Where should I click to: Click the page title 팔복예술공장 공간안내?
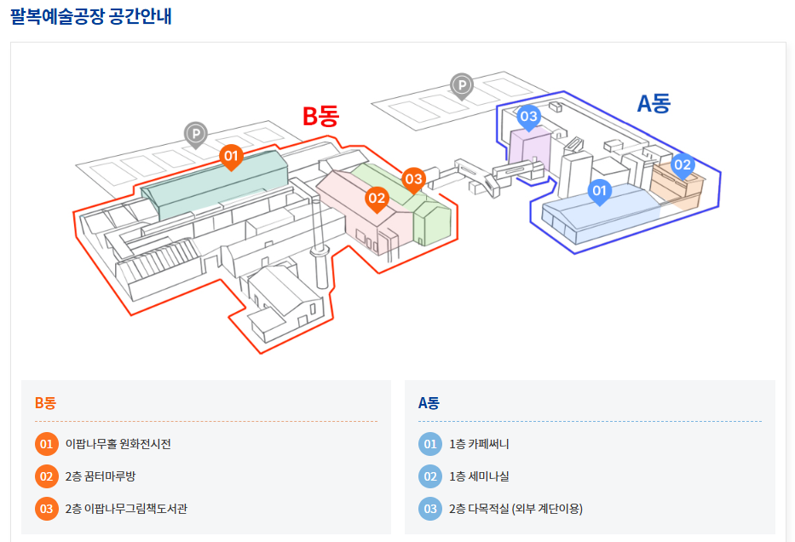[x=91, y=15]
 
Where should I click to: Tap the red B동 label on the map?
[x=320, y=116]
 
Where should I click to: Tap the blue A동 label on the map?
[x=654, y=103]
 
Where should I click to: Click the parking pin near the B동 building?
[x=196, y=133]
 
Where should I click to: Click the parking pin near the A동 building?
[x=461, y=84]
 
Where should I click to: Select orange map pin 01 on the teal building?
[x=231, y=156]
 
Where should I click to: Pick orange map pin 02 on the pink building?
[x=377, y=199]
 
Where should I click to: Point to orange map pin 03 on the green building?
[x=413, y=179]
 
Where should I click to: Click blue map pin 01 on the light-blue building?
[x=599, y=190]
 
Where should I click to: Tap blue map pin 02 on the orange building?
[x=683, y=164]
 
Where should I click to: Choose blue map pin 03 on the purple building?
[x=528, y=117]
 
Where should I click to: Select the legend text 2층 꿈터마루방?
[x=101, y=476]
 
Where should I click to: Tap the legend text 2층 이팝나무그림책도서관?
[x=126, y=509]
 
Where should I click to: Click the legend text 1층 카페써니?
[x=479, y=444]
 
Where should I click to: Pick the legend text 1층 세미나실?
[x=479, y=476]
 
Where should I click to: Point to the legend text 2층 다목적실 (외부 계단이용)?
[x=516, y=509]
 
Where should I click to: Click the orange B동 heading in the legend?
[x=45, y=403]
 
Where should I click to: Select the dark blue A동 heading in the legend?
[x=429, y=403]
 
